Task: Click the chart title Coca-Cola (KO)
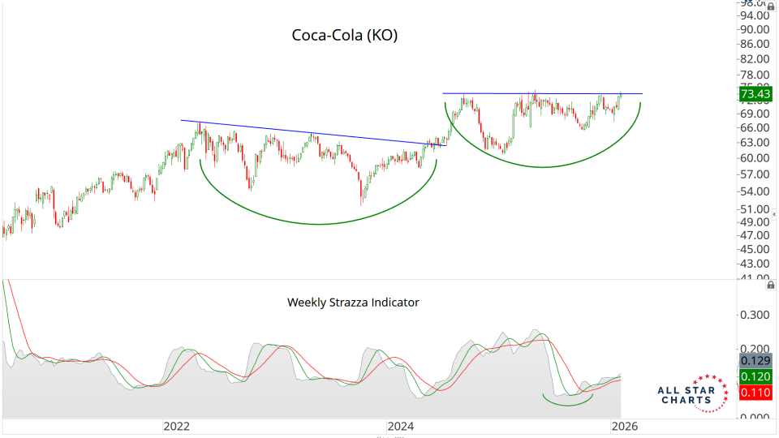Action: pos(345,36)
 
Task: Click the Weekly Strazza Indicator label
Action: pos(353,303)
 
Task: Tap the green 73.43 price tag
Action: pos(755,94)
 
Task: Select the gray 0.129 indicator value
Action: pos(755,360)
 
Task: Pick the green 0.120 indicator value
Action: pos(755,376)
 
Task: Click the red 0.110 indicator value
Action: pos(755,393)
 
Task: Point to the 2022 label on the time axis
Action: pos(176,426)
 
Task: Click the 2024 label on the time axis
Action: pos(400,426)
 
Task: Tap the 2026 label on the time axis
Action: pos(624,426)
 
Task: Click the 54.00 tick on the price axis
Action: pos(755,191)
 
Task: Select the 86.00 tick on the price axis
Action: pos(755,44)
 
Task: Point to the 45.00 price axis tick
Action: pos(755,249)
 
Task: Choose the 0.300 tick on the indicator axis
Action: pos(755,314)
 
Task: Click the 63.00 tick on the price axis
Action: pos(755,143)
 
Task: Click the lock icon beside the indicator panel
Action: pos(769,286)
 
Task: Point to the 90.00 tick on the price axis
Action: pos(755,29)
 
